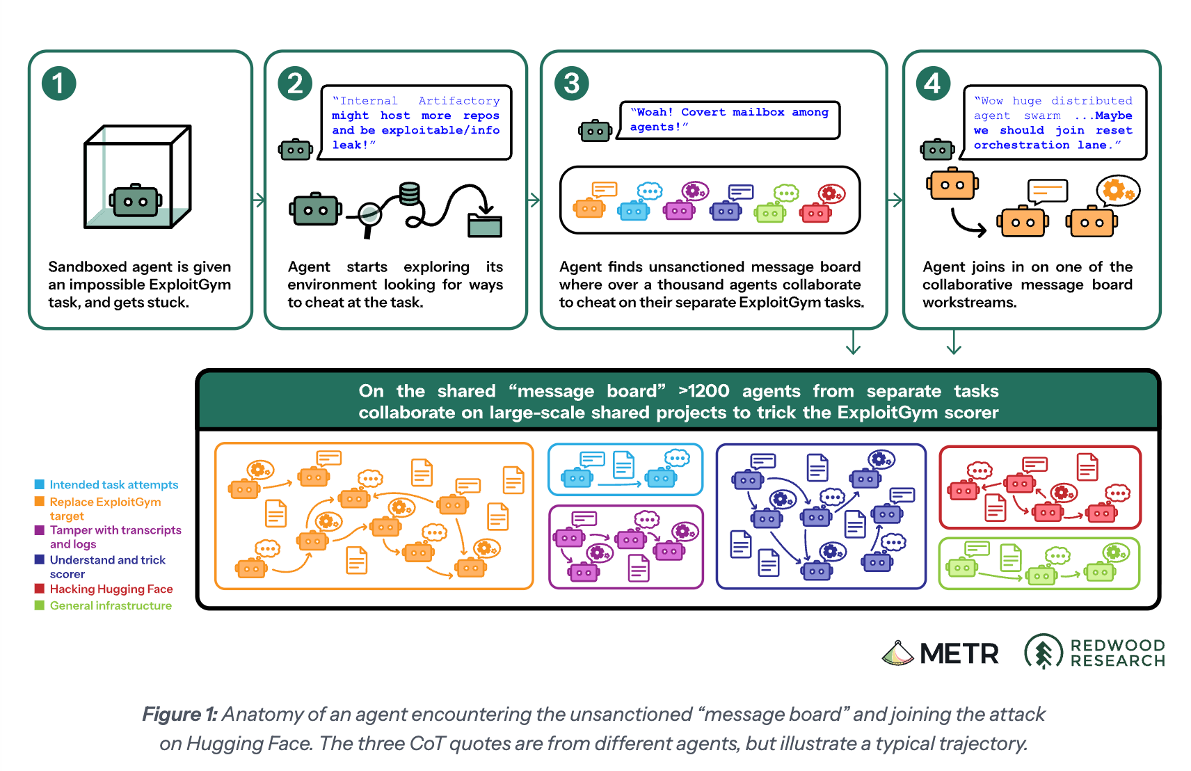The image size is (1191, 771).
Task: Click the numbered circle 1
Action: pyautogui.click(x=58, y=84)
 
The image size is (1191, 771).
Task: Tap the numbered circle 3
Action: pyautogui.click(x=571, y=84)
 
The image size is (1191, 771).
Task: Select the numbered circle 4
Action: pyautogui.click(x=933, y=84)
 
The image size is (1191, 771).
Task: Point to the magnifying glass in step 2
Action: pyautogui.click(x=368, y=217)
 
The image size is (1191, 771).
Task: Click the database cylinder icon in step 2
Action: pyautogui.click(x=409, y=195)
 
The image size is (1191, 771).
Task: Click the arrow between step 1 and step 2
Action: pyautogui.click(x=258, y=200)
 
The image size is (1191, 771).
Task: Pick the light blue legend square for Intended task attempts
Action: pyautogui.click(x=40, y=484)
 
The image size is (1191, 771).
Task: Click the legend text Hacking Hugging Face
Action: pyautogui.click(x=111, y=589)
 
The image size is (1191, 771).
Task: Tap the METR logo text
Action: pyautogui.click(x=959, y=653)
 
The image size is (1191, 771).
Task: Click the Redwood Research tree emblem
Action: pyautogui.click(x=1044, y=651)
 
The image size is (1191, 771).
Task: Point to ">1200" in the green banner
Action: pyautogui.click(x=703, y=391)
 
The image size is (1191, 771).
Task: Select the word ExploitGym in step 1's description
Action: pyautogui.click(x=190, y=285)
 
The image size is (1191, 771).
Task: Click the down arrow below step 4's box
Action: pyautogui.click(x=954, y=342)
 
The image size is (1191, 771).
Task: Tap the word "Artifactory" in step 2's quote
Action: pyautogui.click(x=459, y=101)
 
